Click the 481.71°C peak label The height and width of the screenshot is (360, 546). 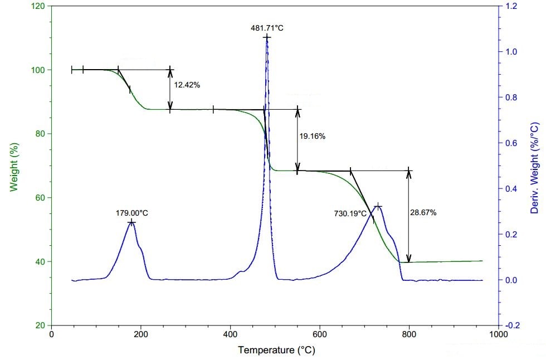point(267,27)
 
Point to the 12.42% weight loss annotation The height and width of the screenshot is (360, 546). point(187,85)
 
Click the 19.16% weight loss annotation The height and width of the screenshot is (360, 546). point(313,136)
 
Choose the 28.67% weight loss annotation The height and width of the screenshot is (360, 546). point(423,213)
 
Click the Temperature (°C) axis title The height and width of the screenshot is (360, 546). point(274,350)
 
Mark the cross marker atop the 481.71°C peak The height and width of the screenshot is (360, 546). point(267,38)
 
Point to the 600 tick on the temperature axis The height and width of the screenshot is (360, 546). point(319,334)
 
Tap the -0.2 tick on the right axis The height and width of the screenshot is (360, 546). point(511,325)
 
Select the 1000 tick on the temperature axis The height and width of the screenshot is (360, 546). point(498,334)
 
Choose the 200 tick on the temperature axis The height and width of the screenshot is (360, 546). point(140,334)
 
